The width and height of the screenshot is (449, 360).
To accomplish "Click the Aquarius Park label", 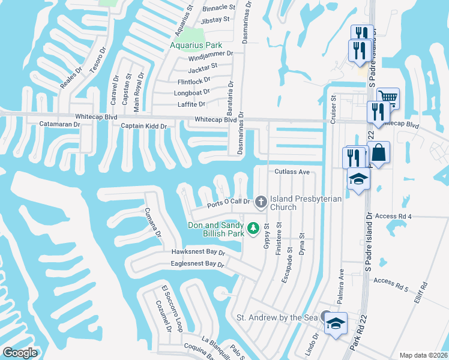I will point(196,45).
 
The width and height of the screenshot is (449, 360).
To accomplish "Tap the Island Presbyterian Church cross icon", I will point(261,202).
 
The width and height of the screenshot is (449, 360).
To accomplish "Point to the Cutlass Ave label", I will point(292,172).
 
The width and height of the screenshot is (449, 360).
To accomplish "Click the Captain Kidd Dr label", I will point(143,126).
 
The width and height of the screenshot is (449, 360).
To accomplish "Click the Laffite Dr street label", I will point(192,104).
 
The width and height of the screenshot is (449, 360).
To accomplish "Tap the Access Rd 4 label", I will point(393,215).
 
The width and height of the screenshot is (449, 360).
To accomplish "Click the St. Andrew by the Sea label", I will point(276,317).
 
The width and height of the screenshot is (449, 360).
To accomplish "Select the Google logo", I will point(20,353).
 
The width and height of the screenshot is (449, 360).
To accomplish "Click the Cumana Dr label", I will point(152,223).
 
